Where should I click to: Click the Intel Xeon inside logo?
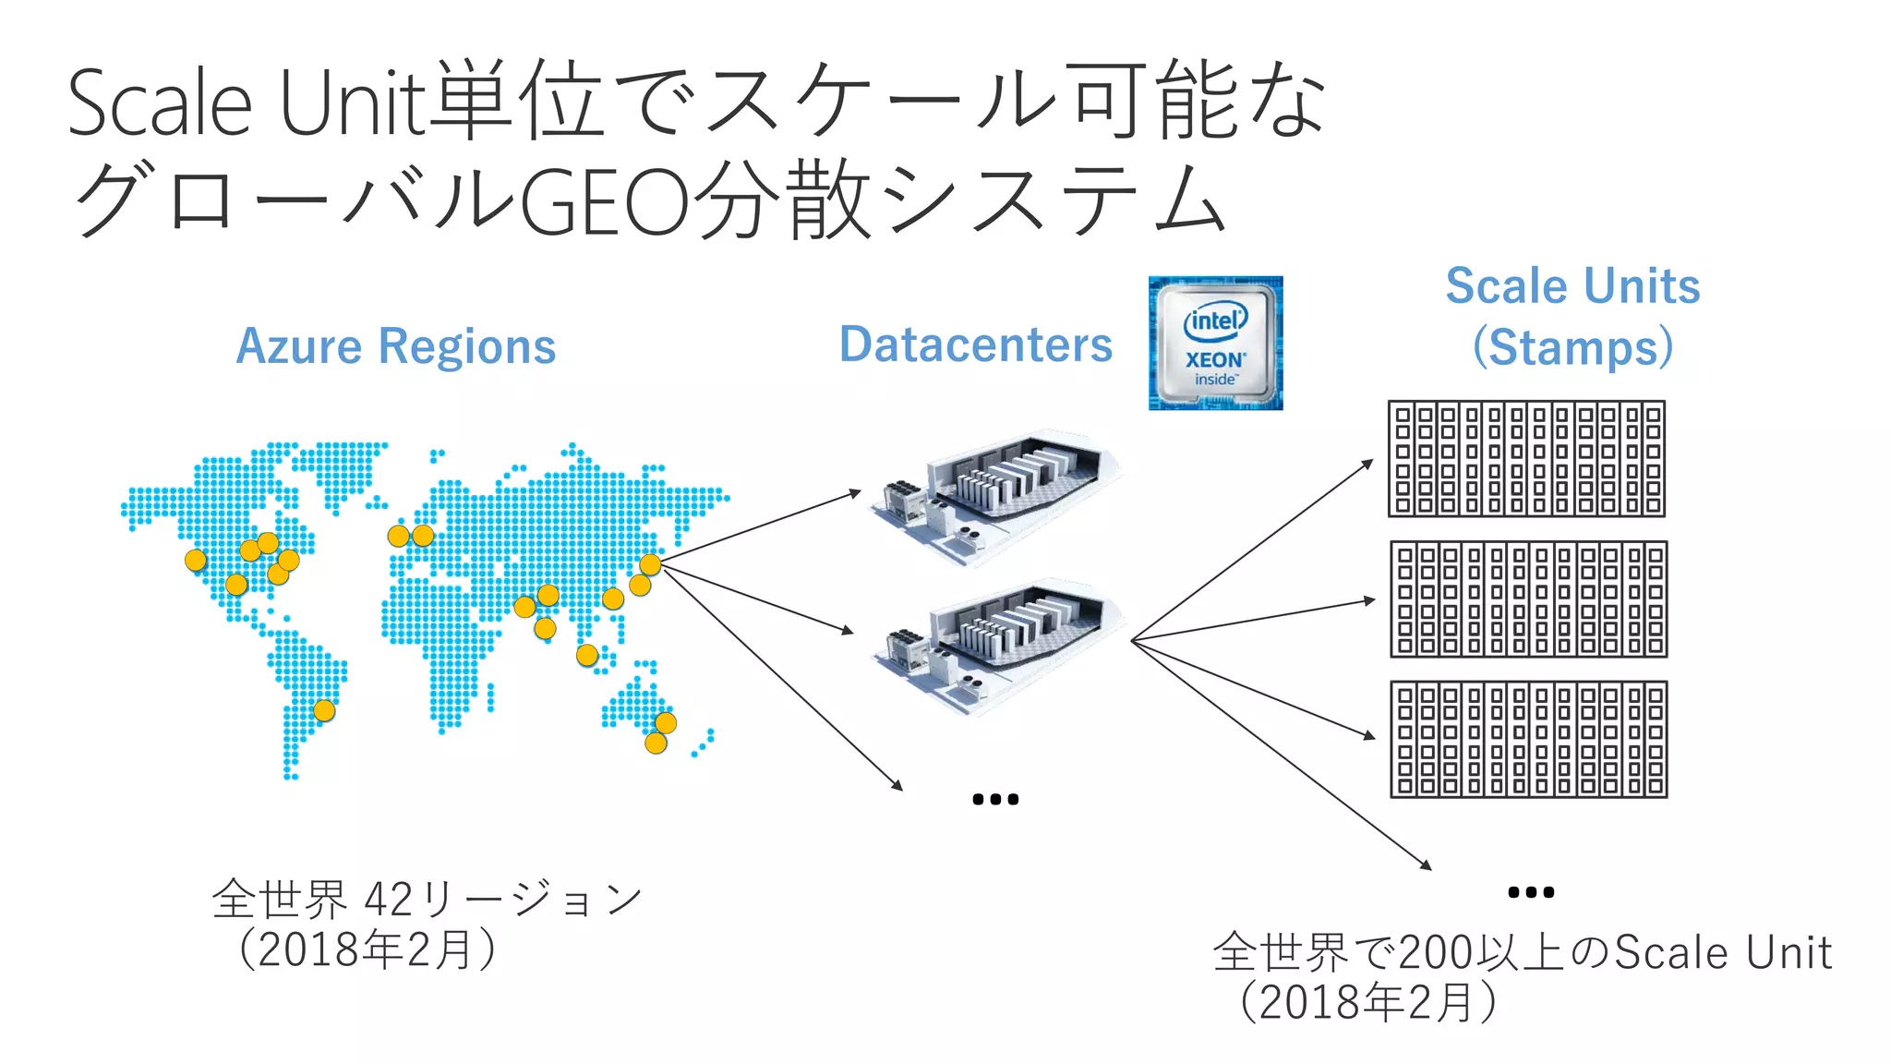point(1215,343)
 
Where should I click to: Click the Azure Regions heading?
point(396,346)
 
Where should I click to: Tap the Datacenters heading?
point(975,345)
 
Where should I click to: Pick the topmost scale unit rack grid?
point(1526,458)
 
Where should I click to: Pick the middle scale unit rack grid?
point(1528,599)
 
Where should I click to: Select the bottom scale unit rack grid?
point(1528,739)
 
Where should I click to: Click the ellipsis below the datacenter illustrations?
point(995,799)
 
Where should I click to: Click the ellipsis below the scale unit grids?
point(1530,892)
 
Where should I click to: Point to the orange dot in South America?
point(324,710)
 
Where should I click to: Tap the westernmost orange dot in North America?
point(196,560)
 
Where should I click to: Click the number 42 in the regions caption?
point(389,899)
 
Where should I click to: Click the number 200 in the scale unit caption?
point(1435,953)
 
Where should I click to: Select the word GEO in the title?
point(605,201)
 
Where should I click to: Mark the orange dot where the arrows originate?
point(650,564)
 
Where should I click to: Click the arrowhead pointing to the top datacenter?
point(856,493)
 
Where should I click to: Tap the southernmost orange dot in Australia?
point(656,743)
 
